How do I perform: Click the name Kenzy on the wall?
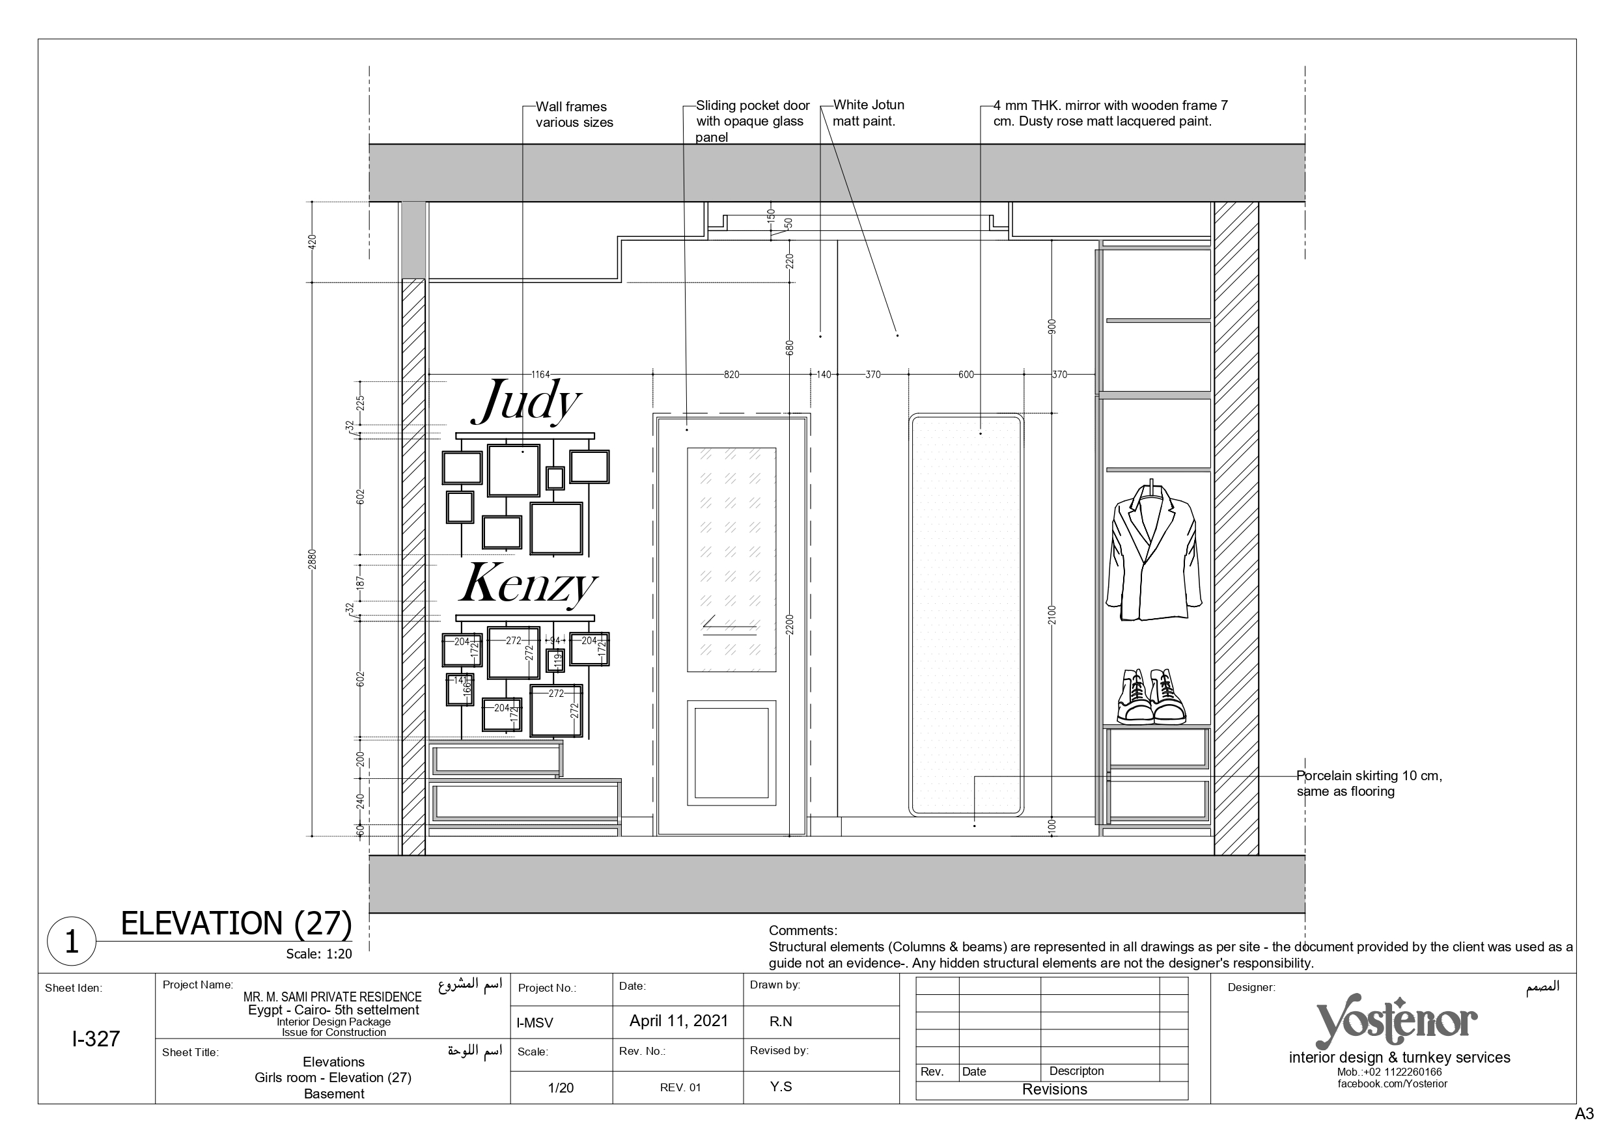coord(528,584)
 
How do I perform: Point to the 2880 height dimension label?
coord(313,559)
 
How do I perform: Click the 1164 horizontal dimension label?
coord(540,375)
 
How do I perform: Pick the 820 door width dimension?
coord(732,375)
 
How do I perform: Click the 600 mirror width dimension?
coord(966,375)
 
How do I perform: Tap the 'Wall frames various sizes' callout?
coord(574,115)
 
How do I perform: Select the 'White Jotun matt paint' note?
coord(869,113)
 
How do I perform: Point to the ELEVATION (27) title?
coord(236,923)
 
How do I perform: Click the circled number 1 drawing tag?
coord(71,942)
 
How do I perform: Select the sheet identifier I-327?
coord(96,1039)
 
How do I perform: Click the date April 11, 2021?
coord(678,1021)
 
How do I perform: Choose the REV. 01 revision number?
coord(680,1088)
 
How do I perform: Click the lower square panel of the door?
coord(731,753)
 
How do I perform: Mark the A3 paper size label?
coord(1584,1115)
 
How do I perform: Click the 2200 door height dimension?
coord(790,625)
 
